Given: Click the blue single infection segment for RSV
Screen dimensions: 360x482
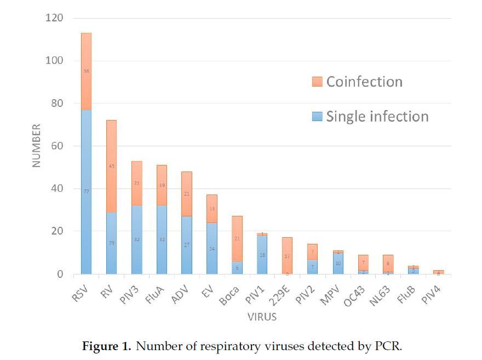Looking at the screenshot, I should [x=86, y=192].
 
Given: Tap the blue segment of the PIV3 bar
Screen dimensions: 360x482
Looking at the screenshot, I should [x=136, y=239].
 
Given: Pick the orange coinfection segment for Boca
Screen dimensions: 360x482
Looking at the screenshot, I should [x=237, y=238].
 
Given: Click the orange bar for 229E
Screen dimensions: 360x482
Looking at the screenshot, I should [x=288, y=255].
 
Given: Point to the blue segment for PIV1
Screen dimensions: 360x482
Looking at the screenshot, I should [x=262, y=255].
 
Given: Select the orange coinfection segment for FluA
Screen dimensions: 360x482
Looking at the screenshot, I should [x=162, y=185].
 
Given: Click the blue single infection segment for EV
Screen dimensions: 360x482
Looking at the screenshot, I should [x=212, y=248].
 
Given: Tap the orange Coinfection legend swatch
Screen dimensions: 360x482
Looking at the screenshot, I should [x=317, y=82].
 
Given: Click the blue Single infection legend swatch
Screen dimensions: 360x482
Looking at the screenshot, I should [x=317, y=117].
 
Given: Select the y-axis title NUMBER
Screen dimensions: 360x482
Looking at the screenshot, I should [x=37, y=145].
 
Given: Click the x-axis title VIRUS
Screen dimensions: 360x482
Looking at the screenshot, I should [x=262, y=317].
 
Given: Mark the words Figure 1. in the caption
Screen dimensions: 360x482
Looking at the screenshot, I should [x=106, y=346].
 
